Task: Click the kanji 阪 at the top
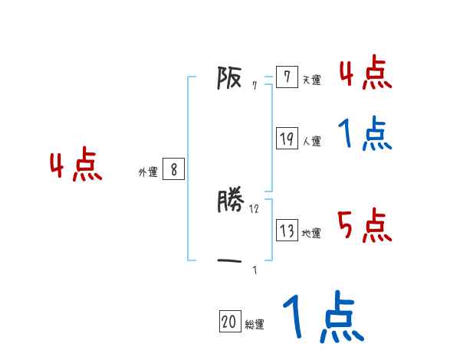pyautogui.click(x=230, y=77)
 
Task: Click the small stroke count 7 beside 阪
pyautogui.click(x=255, y=86)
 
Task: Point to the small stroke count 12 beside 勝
pyautogui.click(x=255, y=208)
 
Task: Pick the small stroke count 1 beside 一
pyautogui.click(x=255, y=270)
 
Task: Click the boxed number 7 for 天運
pyautogui.click(x=286, y=77)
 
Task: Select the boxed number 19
pyautogui.click(x=287, y=139)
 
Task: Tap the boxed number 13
pyautogui.click(x=287, y=231)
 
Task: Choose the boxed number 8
pyautogui.click(x=173, y=169)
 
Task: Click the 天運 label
pyautogui.click(x=311, y=80)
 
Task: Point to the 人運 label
pyautogui.click(x=311, y=141)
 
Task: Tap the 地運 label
pyautogui.click(x=311, y=233)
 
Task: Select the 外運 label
pyautogui.click(x=147, y=172)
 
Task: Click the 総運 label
pyautogui.click(x=255, y=325)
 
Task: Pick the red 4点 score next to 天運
pyautogui.click(x=365, y=74)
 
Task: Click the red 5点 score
pyautogui.click(x=365, y=225)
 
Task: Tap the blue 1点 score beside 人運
pyautogui.click(x=365, y=135)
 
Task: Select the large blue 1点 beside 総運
pyautogui.click(x=322, y=317)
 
